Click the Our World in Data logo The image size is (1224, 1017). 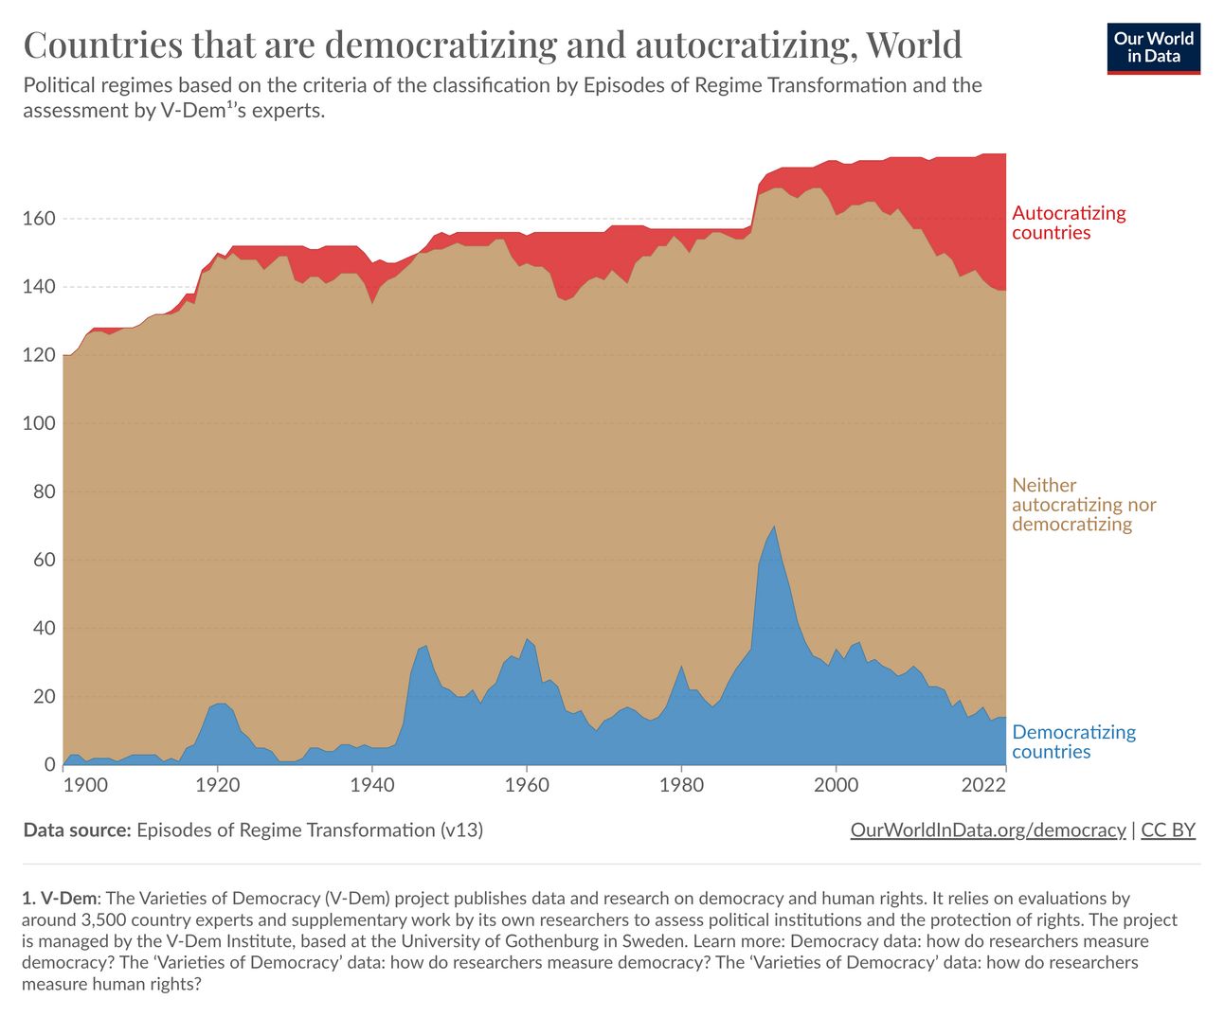click(1153, 48)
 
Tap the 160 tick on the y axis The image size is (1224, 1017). click(39, 219)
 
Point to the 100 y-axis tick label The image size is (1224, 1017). click(39, 423)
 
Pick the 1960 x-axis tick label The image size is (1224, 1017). click(527, 785)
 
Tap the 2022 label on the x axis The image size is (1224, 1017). click(983, 785)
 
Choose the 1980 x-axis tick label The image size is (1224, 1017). click(681, 785)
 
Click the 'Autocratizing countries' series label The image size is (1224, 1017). click(1069, 223)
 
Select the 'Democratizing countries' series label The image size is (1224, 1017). click(1073, 741)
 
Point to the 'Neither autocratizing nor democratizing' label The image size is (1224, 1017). click(1084, 504)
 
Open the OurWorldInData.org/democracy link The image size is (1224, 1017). click(988, 830)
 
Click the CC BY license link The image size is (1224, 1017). click(1168, 830)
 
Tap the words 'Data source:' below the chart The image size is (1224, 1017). click(77, 830)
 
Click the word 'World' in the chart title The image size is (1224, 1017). click(913, 45)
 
